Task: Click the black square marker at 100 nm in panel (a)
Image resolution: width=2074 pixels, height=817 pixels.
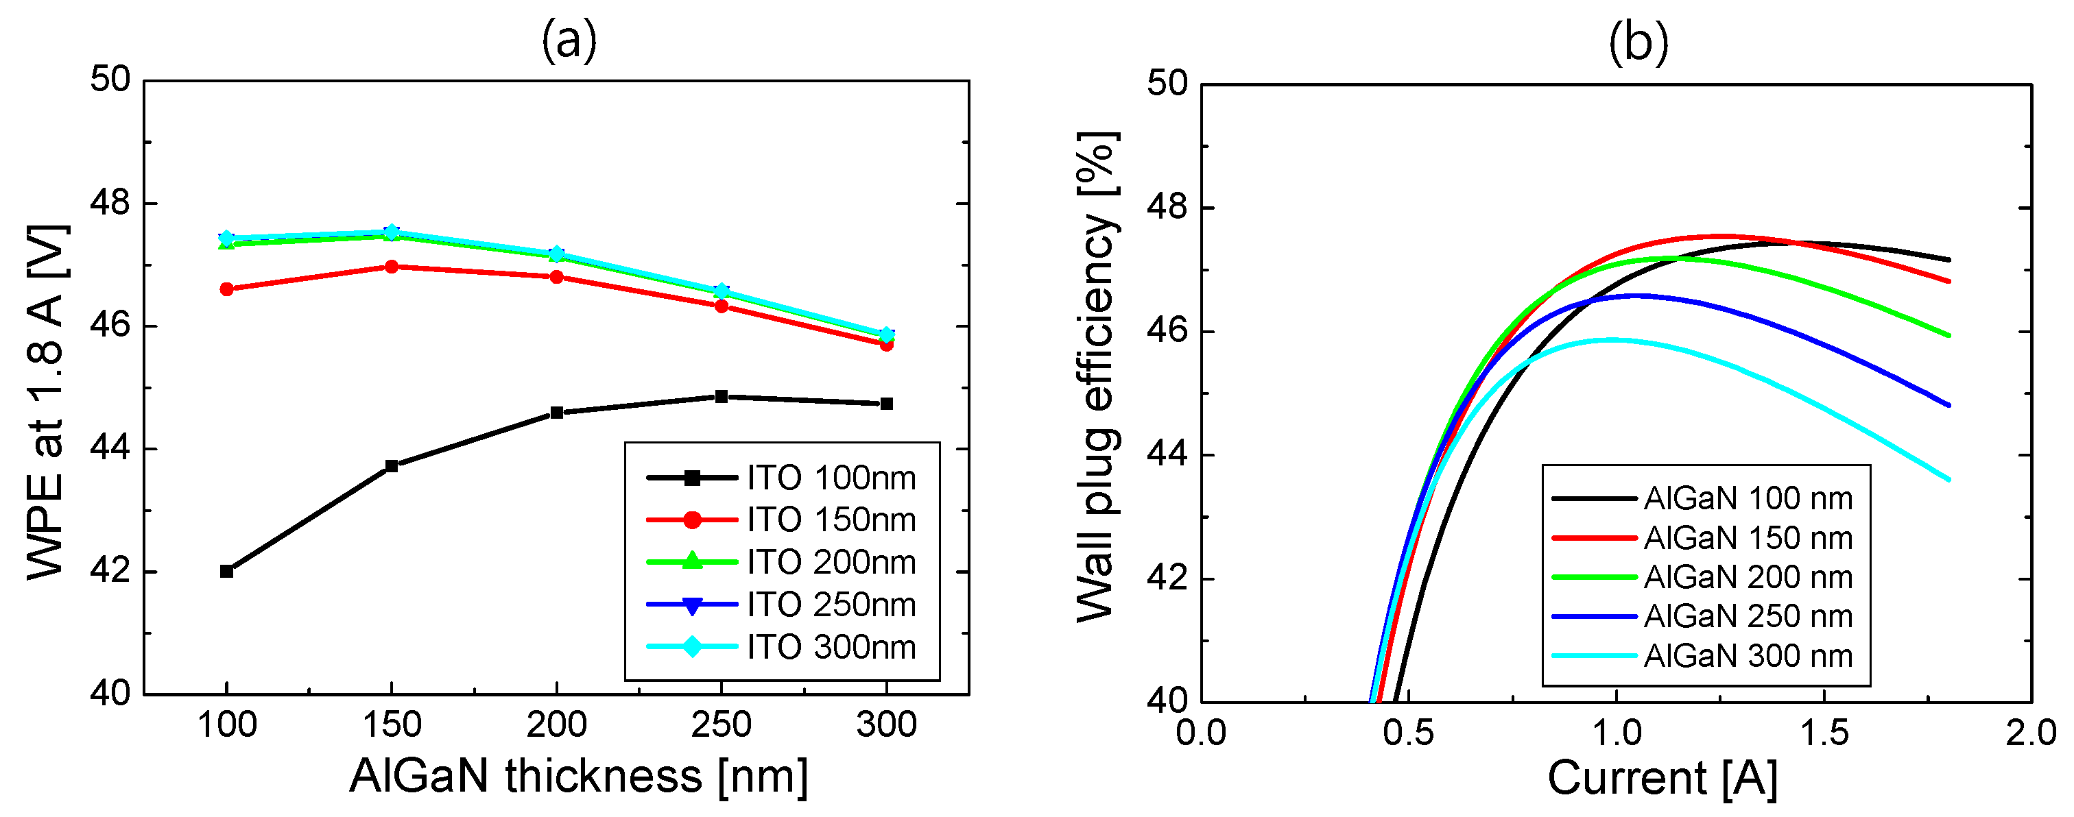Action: click(226, 571)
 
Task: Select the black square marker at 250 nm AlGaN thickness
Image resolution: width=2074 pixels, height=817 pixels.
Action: click(722, 396)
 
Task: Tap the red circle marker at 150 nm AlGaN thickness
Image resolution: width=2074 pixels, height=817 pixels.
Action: click(392, 267)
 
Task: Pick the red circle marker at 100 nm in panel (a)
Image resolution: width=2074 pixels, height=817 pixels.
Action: click(226, 289)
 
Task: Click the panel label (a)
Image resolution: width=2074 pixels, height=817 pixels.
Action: click(569, 40)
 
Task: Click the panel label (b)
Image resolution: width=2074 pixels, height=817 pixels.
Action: click(1638, 42)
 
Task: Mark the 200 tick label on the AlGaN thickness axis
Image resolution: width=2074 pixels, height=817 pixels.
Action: click(556, 724)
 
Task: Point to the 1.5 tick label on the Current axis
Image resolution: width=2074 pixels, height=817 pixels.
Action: click(1824, 733)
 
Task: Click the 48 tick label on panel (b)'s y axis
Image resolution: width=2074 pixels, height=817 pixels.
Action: click(1167, 208)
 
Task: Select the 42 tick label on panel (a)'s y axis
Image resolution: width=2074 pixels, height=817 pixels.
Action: click(110, 572)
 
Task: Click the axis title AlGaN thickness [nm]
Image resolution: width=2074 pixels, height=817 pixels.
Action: click(578, 776)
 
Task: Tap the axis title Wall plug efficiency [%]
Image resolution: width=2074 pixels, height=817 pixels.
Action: click(1097, 377)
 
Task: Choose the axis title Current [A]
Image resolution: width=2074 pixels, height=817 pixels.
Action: click(1662, 779)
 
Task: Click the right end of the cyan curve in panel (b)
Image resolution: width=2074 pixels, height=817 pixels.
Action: click(1948, 480)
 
